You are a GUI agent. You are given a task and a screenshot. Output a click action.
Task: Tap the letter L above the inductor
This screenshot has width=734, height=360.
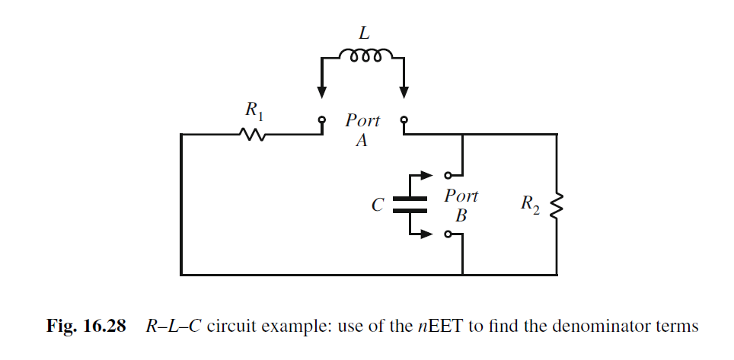point(365,33)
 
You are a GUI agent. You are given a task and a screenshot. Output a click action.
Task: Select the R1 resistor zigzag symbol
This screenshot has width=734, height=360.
point(252,135)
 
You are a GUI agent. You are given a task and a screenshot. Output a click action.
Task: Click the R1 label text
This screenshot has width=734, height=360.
point(254,111)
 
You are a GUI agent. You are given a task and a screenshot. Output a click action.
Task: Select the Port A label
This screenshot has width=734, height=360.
point(362,130)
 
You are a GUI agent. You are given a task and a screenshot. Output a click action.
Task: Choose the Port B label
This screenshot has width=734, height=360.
point(461,205)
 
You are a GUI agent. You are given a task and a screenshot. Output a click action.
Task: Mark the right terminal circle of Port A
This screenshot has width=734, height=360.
point(404,120)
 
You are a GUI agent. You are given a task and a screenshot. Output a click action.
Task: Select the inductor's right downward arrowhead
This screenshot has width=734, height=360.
point(404,92)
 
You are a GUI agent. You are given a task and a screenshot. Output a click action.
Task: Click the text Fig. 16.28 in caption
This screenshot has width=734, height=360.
point(84,327)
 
